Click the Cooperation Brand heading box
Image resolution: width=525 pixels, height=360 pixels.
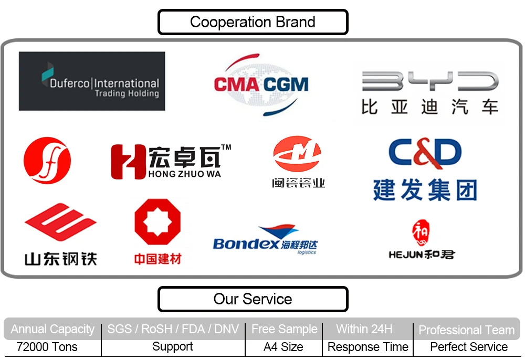(x=253, y=22)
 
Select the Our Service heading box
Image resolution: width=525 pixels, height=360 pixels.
(x=253, y=299)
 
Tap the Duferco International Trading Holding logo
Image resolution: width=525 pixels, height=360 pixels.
(x=92, y=81)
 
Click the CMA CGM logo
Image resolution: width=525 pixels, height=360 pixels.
(x=261, y=84)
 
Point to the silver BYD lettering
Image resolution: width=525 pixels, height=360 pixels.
(x=429, y=82)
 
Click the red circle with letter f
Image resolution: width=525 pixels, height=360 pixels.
(x=47, y=161)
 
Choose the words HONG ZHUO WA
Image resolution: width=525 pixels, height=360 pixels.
(x=185, y=174)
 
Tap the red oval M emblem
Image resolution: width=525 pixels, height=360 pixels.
(x=297, y=154)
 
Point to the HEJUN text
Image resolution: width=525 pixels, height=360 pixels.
(x=404, y=255)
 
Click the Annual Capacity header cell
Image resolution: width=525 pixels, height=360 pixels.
(x=52, y=330)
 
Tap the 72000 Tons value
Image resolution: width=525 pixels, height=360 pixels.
(x=47, y=347)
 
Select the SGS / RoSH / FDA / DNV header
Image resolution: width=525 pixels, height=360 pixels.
(x=173, y=330)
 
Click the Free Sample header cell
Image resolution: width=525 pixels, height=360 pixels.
(x=284, y=330)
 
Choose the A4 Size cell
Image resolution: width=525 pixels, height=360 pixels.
(x=283, y=347)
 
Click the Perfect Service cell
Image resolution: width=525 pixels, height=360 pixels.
(x=469, y=347)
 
